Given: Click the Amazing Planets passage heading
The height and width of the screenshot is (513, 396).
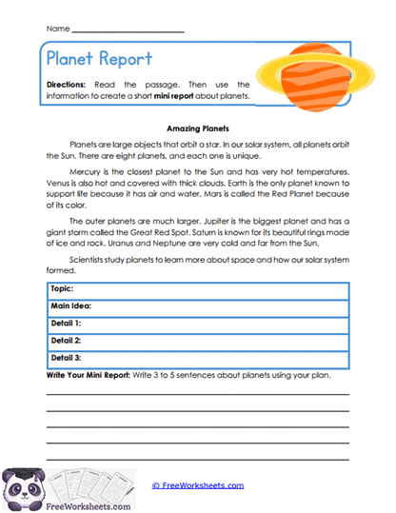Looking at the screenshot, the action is [196, 126].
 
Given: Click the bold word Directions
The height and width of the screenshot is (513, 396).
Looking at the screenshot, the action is [69, 86].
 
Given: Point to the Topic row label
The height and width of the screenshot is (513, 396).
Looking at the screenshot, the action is [63, 287].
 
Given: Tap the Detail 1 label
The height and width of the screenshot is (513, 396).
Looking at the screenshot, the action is [66, 323].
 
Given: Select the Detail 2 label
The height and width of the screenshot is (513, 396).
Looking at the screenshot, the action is [66, 340].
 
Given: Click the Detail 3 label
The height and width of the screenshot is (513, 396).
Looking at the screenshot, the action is [66, 357].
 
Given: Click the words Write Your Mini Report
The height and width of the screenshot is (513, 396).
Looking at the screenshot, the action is [92, 375].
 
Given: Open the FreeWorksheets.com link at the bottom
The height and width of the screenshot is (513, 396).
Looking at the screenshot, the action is [198, 485].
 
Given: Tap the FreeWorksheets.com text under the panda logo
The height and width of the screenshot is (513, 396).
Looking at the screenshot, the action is [67, 506].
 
